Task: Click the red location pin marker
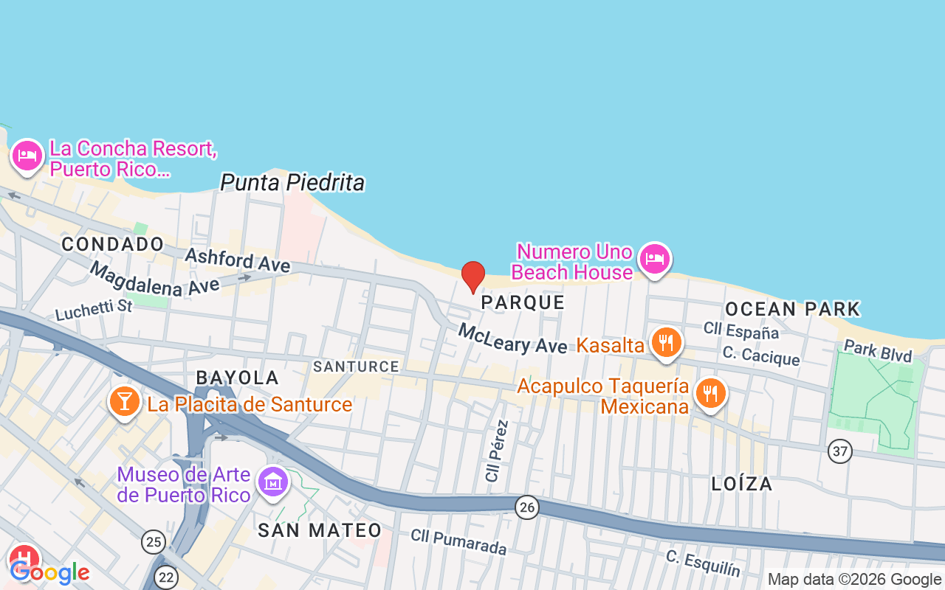click(473, 277)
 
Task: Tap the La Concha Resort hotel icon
click(27, 156)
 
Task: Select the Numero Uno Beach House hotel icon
click(654, 259)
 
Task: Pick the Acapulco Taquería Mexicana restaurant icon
click(710, 393)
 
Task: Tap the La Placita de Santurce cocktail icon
click(124, 401)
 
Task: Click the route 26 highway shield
click(526, 507)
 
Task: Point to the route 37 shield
click(839, 451)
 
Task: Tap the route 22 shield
click(167, 577)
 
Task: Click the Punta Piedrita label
click(292, 182)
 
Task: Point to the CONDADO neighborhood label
click(113, 244)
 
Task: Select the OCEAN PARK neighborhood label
click(792, 309)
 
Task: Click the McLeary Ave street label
click(512, 339)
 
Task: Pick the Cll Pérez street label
click(497, 451)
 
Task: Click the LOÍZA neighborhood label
click(742, 484)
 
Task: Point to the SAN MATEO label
click(320, 530)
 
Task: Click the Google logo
click(49, 572)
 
